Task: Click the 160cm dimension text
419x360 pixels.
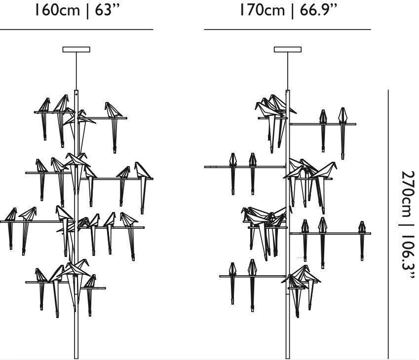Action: click(x=57, y=10)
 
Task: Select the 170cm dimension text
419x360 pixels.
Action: click(x=262, y=10)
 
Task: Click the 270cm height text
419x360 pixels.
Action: click(x=408, y=194)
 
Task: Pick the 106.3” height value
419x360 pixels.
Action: click(x=408, y=257)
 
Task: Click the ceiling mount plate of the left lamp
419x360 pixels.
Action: click(x=76, y=49)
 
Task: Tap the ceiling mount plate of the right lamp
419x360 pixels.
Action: click(x=288, y=49)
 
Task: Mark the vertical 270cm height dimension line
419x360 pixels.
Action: click(x=388, y=224)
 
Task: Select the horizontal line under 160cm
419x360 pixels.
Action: click(x=76, y=30)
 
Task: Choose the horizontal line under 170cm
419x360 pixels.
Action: click(x=288, y=30)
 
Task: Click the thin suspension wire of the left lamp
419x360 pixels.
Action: click(x=76, y=71)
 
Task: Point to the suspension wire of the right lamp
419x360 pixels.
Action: click(x=288, y=71)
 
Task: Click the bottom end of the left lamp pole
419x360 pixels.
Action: click(x=76, y=358)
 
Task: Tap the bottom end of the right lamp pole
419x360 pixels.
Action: click(x=288, y=358)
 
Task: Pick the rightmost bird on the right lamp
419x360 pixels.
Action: click(x=362, y=240)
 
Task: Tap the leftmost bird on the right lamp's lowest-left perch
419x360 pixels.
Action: click(x=232, y=283)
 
